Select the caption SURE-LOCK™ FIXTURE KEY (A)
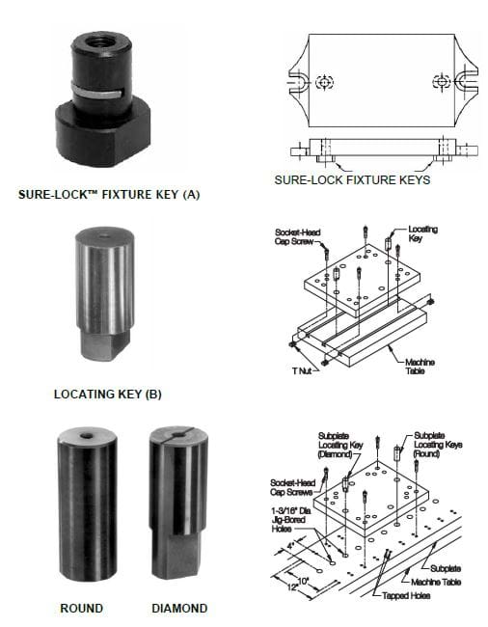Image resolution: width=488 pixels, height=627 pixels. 109,195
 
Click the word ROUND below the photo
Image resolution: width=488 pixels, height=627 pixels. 81,609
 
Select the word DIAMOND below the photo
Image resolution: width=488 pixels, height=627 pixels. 180,609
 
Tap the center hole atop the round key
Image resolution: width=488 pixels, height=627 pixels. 87,435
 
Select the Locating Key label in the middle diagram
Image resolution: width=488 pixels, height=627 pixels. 422,232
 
